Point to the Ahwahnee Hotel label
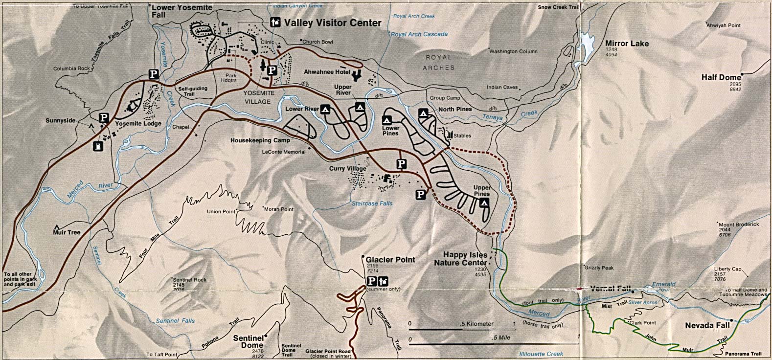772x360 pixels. [325, 72]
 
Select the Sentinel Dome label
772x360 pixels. [249, 341]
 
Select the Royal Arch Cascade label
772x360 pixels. [419, 34]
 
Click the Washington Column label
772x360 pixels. [513, 51]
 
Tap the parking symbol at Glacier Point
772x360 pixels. [372, 281]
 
